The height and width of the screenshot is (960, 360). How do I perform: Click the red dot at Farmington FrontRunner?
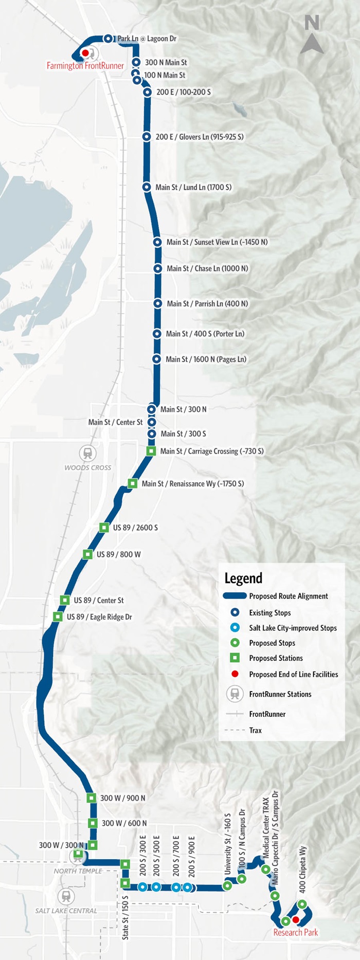[x=85, y=53]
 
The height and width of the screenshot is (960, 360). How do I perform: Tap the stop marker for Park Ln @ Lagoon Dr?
[x=108, y=39]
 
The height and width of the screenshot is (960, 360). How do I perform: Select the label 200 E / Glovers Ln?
[x=200, y=137]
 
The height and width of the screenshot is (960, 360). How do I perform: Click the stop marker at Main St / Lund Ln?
[x=147, y=187]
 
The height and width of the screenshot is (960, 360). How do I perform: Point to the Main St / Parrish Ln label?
[x=207, y=304]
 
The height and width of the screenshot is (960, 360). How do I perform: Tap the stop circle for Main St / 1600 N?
[x=157, y=359]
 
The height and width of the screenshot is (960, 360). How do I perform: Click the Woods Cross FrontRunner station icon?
[x=88, y=453]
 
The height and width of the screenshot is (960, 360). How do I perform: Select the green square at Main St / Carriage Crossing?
[x=151, y=451]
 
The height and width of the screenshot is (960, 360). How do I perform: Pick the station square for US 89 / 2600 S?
[x=104, y=528]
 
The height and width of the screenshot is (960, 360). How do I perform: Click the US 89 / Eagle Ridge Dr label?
[x=99, y=617]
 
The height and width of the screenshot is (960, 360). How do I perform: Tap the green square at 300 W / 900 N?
[x=91, y=798]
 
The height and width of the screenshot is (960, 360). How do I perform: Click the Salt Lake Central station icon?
[x=66, y=896]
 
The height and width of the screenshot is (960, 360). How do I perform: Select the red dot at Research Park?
[x=296, y=919]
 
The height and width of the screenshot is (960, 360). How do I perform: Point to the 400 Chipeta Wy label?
[x=302, y=869]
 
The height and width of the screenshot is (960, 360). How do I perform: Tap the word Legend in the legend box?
[x=243, y=578]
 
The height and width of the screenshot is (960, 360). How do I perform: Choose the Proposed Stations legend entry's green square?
[x=235, y=658]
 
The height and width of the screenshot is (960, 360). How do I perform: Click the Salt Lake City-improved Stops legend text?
[x=293, y=628]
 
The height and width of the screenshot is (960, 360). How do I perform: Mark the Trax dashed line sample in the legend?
[x=235, y=730]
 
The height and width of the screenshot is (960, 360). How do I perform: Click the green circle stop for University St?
[x=227, y=886]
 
